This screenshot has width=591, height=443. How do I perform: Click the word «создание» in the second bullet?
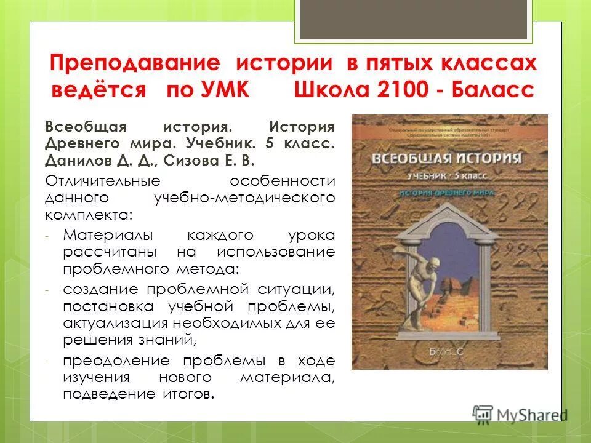(98, 289)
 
